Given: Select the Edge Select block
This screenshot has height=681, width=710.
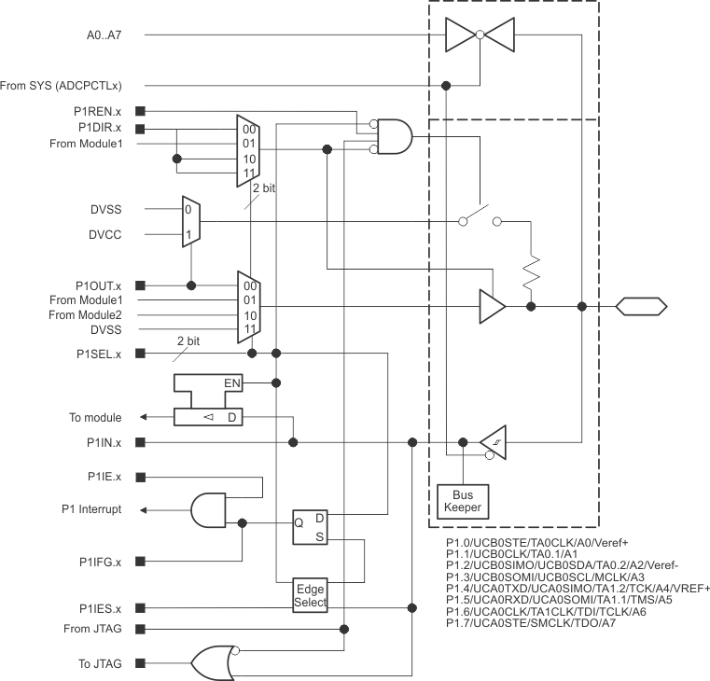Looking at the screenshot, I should click(x=312, y=594).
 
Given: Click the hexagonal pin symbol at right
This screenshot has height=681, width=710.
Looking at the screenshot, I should click(x=639, y=305).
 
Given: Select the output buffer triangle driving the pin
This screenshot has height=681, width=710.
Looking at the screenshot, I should click(x=492, y=305).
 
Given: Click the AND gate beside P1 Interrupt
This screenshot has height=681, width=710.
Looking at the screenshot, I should click(x=214, y=509).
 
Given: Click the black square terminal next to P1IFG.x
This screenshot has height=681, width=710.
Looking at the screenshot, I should click(x=140, y=561).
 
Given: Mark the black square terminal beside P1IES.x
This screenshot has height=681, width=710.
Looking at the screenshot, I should click(x=140, y=607).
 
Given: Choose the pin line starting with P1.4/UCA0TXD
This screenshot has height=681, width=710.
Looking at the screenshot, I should click(x=578, y=588).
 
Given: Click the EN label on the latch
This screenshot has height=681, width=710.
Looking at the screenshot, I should click(x=232, y=382).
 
